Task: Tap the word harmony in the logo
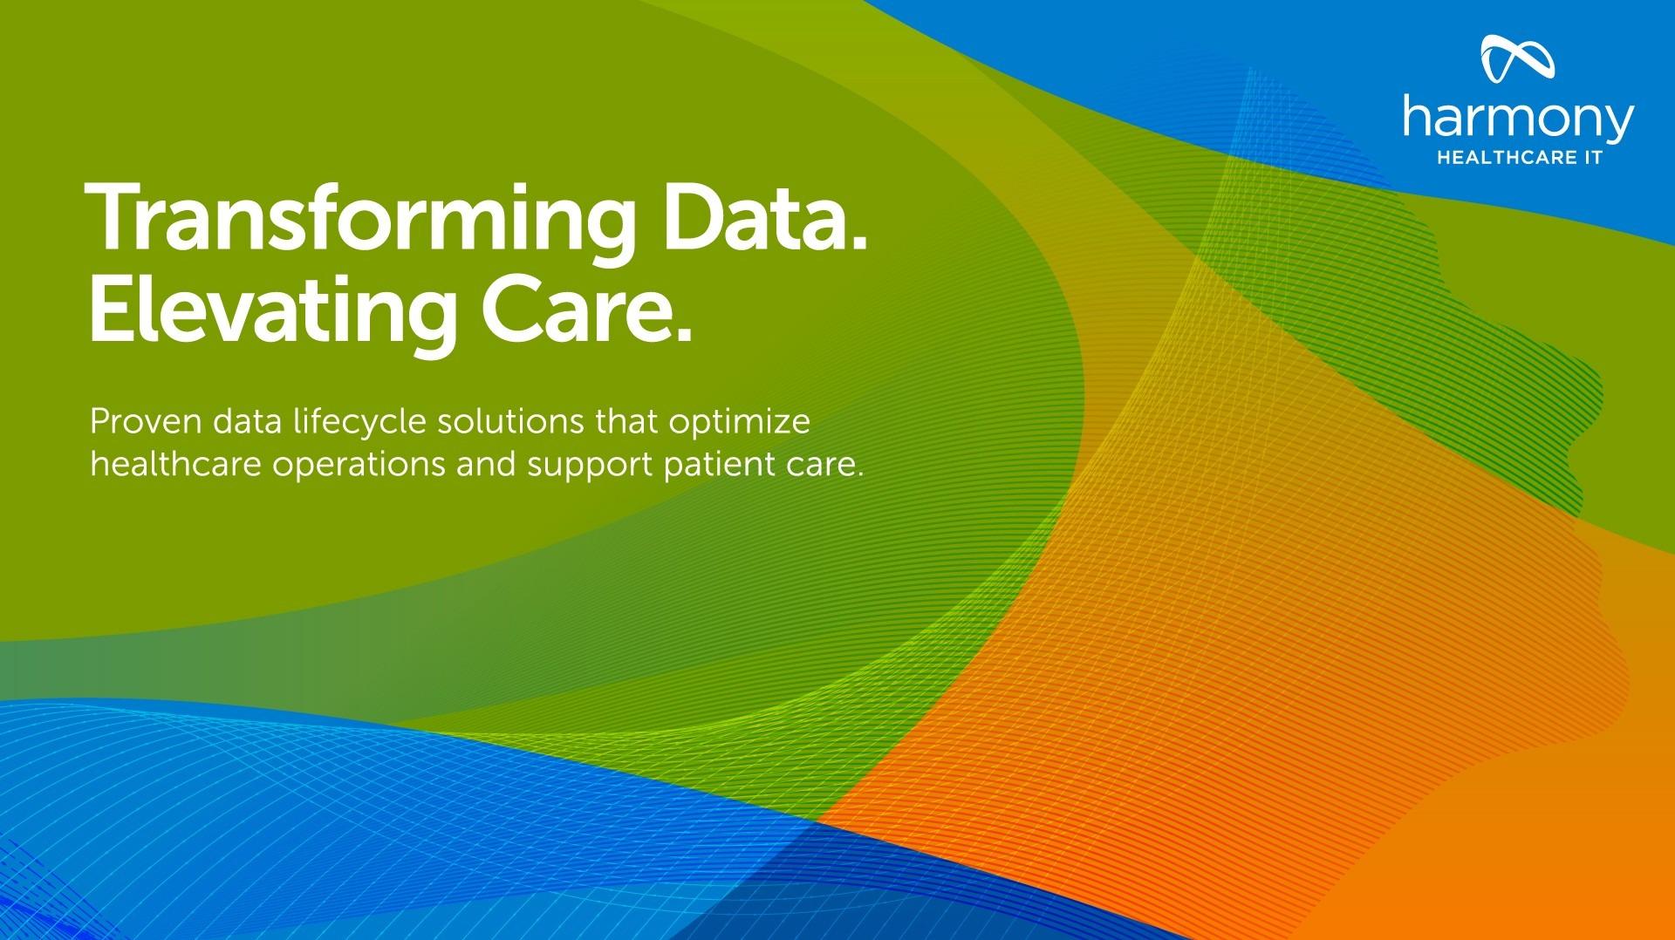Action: coord(1518,120)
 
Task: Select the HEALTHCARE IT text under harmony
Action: coord(1519,160)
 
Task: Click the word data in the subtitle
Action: coord(246,422)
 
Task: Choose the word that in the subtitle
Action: coord(626,422)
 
